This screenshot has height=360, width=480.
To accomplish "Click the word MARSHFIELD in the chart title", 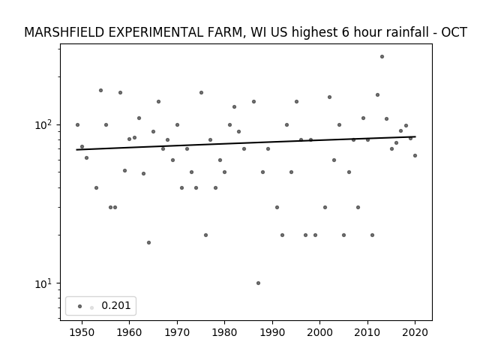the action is pyautogui.click(x=64, y=32).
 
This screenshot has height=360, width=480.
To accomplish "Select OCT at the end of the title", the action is pyautogui.click(x=454, y=32).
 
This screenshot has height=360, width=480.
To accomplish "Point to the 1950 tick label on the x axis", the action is pyautogui.click(x=82, y=332).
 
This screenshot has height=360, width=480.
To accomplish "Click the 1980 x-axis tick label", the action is pyautogui.click(x=225, y=332).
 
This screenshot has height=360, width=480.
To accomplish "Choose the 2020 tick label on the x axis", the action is pyautogui.click(x=415, y=332).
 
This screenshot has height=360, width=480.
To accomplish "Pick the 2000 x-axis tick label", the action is pyautogui.click(x=320, y=332).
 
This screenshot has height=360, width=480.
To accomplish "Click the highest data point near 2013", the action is pyautogui.click(x=382, y=57).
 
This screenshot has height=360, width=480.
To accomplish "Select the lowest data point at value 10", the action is pyautogui.click(x=258, y=283).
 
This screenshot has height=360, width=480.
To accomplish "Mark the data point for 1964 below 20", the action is pyautogui.click(x=148, y=243).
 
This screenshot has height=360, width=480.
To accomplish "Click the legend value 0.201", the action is pyautogui.click(x=116, y=305).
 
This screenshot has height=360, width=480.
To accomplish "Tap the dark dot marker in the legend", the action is pyautogui.click(x=80, y=306).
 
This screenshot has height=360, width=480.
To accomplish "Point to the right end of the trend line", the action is pyautogui.click(x=415, y=136).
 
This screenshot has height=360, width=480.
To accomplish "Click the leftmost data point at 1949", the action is pyautogui.click(x=77, y=125).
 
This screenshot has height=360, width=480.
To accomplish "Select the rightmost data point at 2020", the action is pyautogui.click(x=415, y=156).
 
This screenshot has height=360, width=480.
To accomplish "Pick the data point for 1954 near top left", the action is pyautogui.click(x=100, y=90).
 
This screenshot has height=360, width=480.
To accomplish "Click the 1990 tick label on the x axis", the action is pyautogui.click(x=272, y=332).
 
